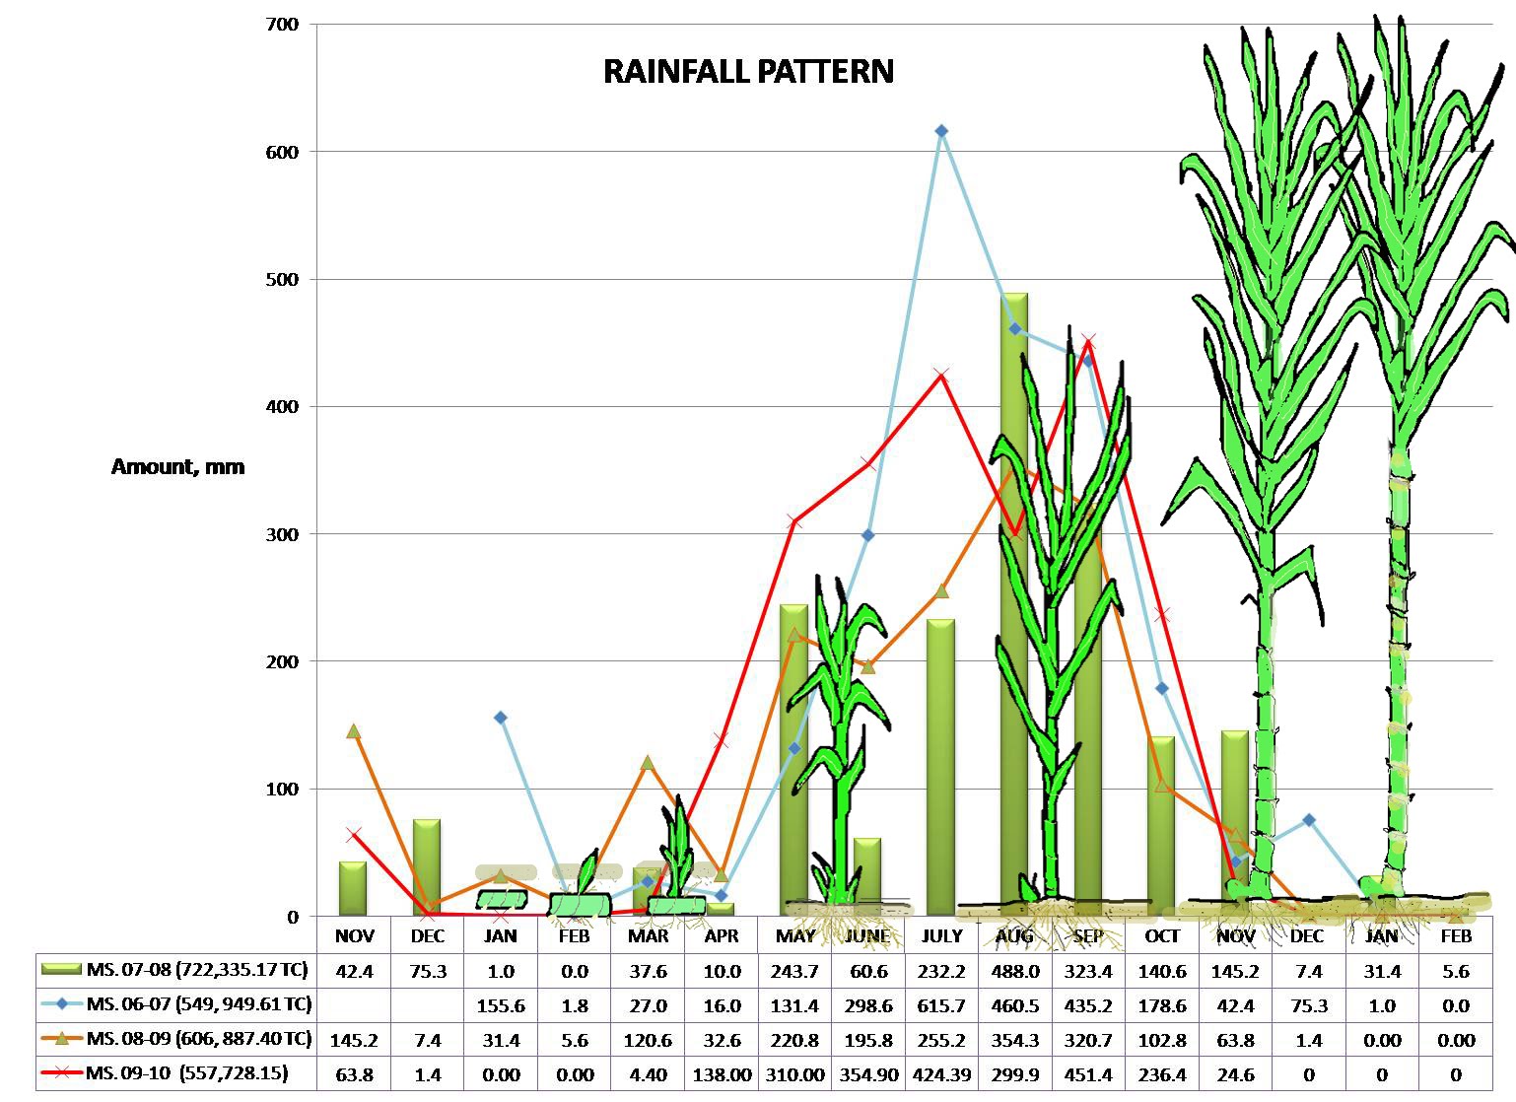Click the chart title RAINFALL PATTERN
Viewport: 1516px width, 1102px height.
click(x=748, y=72)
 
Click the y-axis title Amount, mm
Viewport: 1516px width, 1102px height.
click(x=177, y=467)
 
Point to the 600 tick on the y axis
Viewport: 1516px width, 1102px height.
click(x=280, y=152)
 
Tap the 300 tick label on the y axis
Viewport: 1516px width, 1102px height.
click(x=280, y=534)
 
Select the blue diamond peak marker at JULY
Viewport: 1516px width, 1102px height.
click(x=941, y=131)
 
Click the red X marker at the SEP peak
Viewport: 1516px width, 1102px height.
click(x=1088, y=342)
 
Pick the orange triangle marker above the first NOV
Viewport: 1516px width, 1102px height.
click(x=354, y=731)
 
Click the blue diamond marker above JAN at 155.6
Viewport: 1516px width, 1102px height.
click(x=501, y=718)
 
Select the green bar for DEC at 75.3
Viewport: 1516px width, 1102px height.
click(x=427, y=867)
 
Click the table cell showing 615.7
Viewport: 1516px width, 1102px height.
click(x=941, y=1005)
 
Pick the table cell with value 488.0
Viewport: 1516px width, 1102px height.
click(x=1014, y=971)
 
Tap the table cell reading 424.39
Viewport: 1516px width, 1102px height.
click(x=941, y=1074)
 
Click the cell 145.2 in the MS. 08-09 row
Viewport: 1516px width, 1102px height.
click(x=354, y=1040)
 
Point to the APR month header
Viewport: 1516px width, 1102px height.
click(x=722, y=936)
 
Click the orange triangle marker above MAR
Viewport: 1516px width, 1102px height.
click(x=648, y=763)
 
